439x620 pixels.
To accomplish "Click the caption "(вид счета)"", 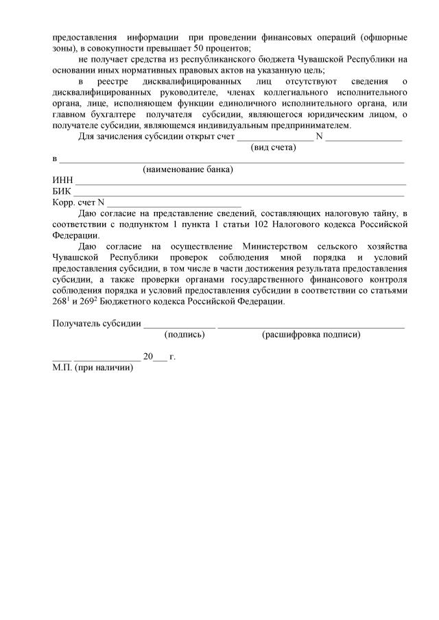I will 274,147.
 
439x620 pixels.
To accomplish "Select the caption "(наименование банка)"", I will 187,169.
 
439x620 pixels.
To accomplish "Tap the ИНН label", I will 62,180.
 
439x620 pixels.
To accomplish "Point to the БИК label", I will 62,191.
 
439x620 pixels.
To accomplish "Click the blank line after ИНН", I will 239,182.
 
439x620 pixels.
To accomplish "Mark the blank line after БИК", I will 239,193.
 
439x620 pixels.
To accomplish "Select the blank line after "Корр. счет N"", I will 175,204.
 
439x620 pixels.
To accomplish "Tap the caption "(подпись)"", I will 185,335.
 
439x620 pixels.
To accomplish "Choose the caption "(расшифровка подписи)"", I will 311,335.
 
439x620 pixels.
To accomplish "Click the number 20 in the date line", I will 148,357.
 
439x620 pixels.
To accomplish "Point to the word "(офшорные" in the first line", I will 385,36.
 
